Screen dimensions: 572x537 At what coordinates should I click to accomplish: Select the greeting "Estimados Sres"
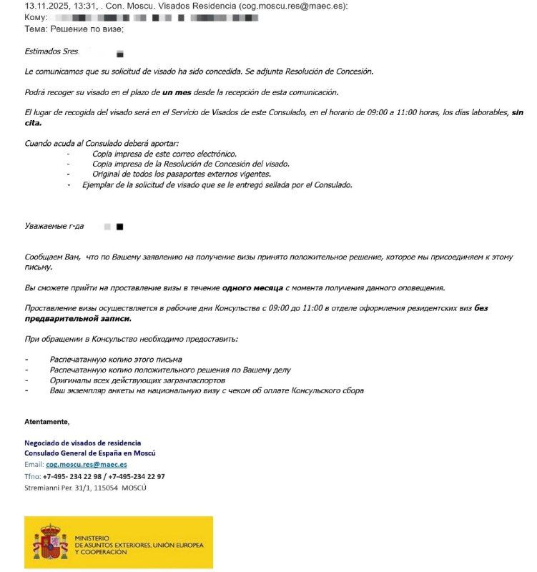51,51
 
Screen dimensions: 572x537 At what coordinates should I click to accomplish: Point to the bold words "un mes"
177,92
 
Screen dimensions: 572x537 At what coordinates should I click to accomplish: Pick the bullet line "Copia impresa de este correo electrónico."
164,154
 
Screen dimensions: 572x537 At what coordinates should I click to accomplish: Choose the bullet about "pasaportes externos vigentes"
182,174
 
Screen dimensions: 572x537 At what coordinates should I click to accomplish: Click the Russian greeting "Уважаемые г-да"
54,226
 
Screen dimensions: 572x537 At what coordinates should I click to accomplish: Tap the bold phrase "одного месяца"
253,287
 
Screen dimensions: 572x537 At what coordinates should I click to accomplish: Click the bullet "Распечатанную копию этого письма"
116,359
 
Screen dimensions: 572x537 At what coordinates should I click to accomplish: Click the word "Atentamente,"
47,422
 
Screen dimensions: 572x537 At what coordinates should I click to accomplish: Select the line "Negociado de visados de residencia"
82,443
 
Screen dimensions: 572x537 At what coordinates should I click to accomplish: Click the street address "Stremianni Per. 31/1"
64,487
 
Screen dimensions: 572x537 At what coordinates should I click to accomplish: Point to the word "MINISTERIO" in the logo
91,536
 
